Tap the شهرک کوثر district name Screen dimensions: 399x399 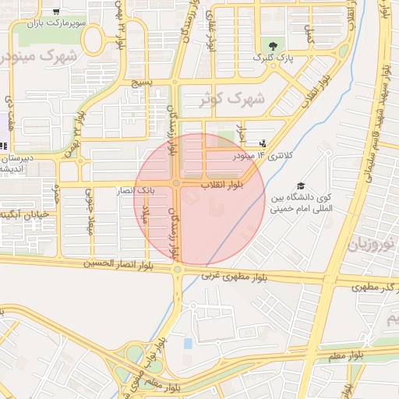coord(231,99)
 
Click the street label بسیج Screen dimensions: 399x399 coord(141,82)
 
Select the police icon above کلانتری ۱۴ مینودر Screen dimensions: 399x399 coord(262,143)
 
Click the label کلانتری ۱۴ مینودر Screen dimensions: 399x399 coord(268,156)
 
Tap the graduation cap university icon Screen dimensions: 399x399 coord(300,186)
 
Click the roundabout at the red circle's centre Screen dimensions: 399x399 coord(178,183)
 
